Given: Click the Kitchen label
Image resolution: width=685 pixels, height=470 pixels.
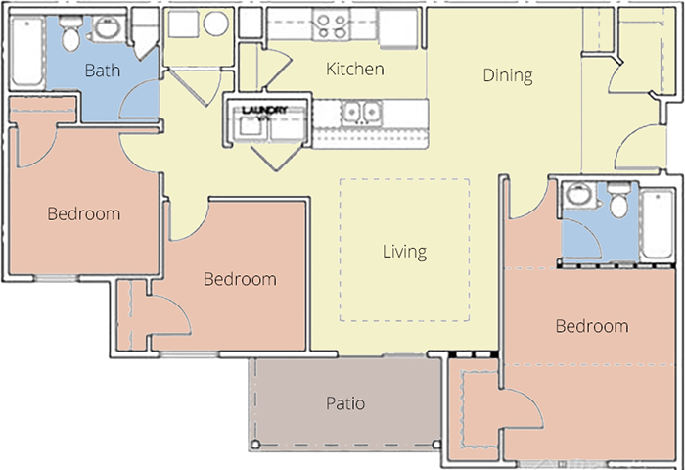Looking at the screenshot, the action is tap(354, 70).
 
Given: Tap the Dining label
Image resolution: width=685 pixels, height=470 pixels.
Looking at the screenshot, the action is tap(508, 75).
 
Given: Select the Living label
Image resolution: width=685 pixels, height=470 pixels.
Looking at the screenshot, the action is tap(404, 252).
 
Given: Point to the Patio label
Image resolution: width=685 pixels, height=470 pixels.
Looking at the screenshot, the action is tap(345, 403).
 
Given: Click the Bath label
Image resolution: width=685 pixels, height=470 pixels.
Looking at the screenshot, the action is tap(103, 70).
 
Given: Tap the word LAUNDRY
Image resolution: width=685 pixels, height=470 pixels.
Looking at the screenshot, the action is tap(265, 110).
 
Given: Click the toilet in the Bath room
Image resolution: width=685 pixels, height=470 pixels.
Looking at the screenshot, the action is tap(69, 33).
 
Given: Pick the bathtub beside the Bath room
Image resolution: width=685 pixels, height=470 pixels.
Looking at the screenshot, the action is tap(27, 52).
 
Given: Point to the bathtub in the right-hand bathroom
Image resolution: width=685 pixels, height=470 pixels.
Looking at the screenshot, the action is tap(657, 225).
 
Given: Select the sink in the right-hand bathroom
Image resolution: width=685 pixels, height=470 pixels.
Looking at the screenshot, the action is tap(578, 194).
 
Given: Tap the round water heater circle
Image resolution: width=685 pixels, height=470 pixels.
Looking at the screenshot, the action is tap(216, 23).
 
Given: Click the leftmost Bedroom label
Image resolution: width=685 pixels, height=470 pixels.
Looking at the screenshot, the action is tap(83, 213).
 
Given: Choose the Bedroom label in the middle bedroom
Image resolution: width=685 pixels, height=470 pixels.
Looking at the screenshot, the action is tap(240, 279).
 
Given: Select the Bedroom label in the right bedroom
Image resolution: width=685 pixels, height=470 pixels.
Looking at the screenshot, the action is tap(592, 326).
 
